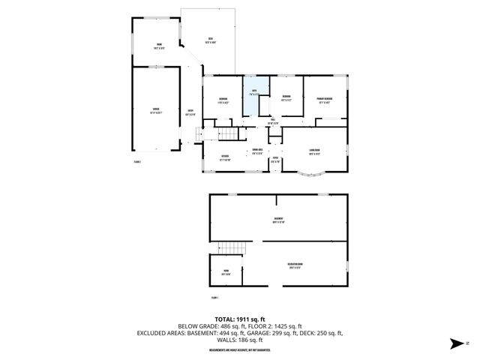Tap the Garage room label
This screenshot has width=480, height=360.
tap(156, 110)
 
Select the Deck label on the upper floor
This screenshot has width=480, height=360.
tap(211, 40)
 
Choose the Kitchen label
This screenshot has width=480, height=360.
tap(224, 157)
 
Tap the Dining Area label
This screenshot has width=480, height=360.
tap(257, 152)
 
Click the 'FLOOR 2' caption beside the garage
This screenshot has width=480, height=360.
tap(137, 160)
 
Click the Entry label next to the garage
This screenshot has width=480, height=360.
tap(190, 112)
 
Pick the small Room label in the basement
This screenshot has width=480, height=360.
tap(225, 273)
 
